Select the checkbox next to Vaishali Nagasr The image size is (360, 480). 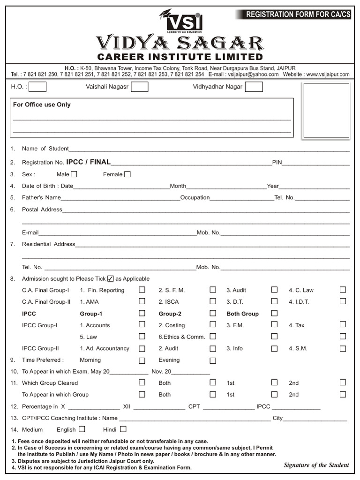pyautogui.click(x=140, y=87)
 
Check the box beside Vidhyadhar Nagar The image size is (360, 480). pyautogui.click(x=254, y=87)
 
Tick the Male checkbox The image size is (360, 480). pyautogui.click(x=74, y=174)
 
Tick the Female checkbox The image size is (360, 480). pyautogui.click(x=127, y=174)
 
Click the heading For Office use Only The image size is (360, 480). pyautogui.click(x=42, y=105)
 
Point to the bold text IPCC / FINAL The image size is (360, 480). pyautogui.click(x=89, y=162)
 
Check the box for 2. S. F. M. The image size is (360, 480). pyautogui.click(x=213, y=290)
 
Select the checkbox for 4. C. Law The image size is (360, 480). pyautogui.click(x=343, y=290)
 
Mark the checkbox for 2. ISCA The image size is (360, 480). pyautogui.click(x=213, y=301)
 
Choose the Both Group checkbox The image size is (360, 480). pyautogui.click(x=274, y=313)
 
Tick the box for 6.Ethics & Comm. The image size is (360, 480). pyautogui.click(x=213, y=336)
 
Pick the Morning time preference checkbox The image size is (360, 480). pyautogui.click(x=142, y=360)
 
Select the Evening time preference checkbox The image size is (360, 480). pyautogui.click(x=213, y=360)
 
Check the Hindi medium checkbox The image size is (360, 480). pyautogui.click(x=123, y=429)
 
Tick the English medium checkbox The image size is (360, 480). pyautogui.click(x=82, y=429)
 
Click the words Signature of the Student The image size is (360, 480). pyautogui.click(x=316, y=465)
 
